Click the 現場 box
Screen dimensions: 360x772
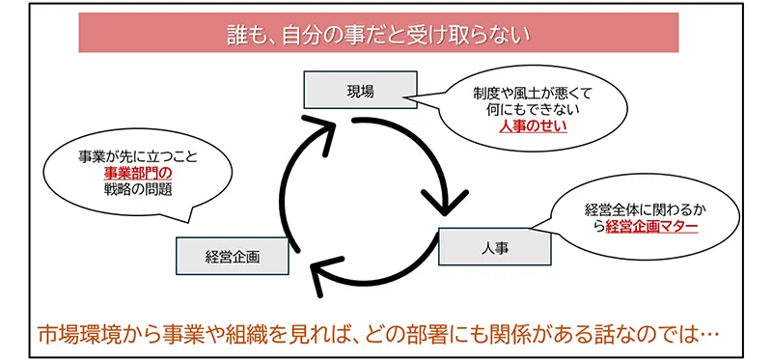click(360, 91)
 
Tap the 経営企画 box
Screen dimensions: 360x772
click(233, 256)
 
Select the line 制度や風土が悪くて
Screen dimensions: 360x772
click(532, 94)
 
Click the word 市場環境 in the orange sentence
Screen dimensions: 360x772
click(71, 334)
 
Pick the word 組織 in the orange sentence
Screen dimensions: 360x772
click(260, 334)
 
